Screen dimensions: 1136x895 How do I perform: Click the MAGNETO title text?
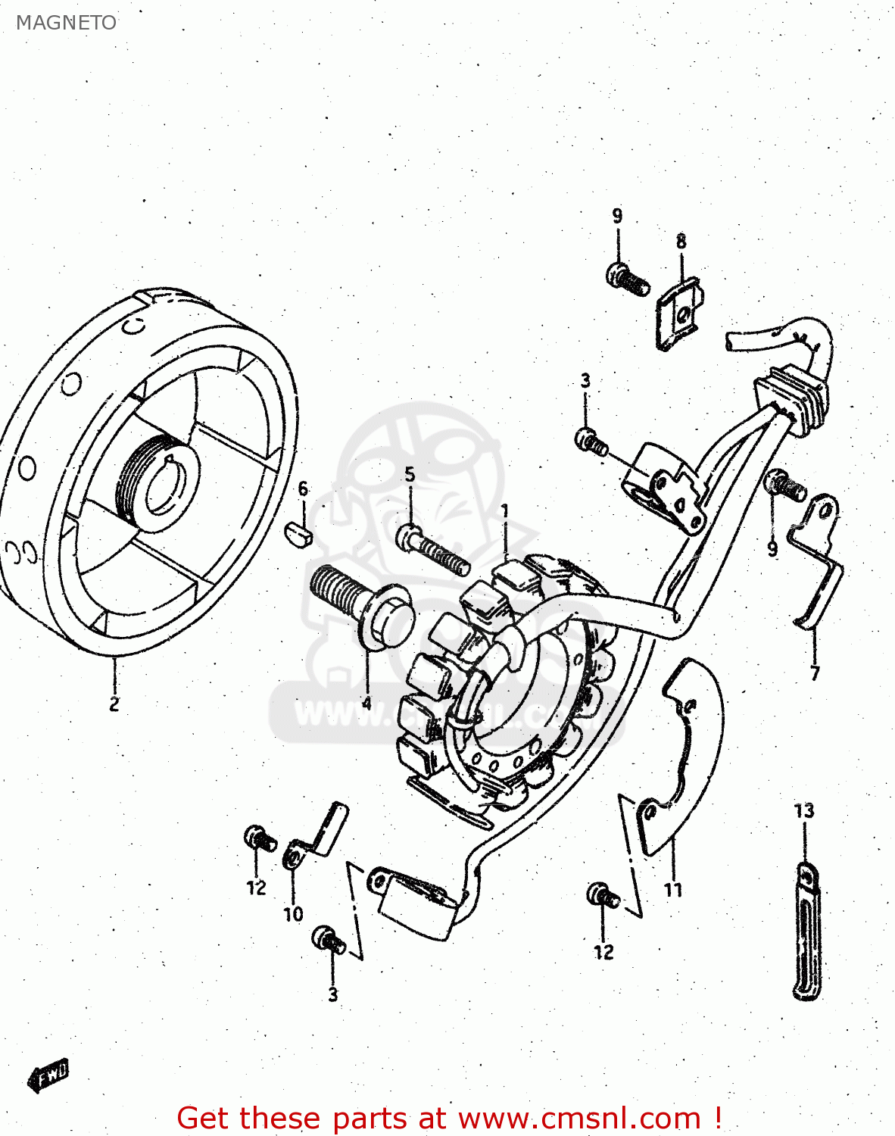point(67,23)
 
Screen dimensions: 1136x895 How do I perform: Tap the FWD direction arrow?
point(48,1075)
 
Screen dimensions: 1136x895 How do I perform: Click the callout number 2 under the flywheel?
point(114,704)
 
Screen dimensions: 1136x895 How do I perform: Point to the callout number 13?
point(804,810)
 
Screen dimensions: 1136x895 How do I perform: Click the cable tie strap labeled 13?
point(807,932)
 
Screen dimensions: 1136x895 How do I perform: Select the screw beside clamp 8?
point(627,279)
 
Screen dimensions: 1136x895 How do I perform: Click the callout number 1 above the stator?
point(505,512)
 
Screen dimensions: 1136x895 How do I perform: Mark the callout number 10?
point(293,914)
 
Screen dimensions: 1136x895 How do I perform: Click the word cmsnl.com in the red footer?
point(617,1118)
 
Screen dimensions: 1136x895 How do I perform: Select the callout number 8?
point(681,242)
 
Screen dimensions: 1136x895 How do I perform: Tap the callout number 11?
point(673,890)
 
